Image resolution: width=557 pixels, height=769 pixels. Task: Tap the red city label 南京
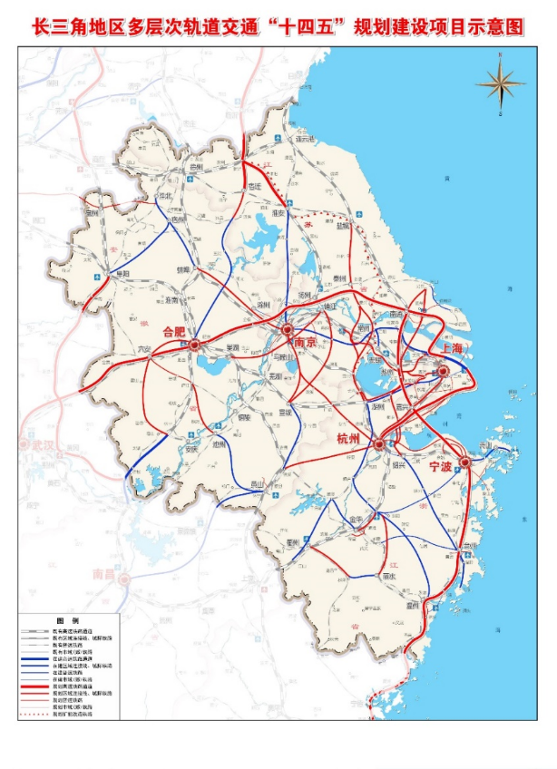(x=305, y=343)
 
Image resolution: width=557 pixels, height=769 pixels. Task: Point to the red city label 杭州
(x=348, y=442)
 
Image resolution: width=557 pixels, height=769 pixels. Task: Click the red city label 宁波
(x=441, y=467)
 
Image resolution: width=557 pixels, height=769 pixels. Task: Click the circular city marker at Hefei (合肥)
(x=194, y=345)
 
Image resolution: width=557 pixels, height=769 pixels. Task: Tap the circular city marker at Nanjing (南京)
(x=288, y=330)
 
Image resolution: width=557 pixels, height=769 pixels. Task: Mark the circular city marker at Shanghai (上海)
(x=443, y=371)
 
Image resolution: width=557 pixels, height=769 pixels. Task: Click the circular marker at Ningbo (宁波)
(x=464, y=462)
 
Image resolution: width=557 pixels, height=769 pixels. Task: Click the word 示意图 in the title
(x=498, y=26)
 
